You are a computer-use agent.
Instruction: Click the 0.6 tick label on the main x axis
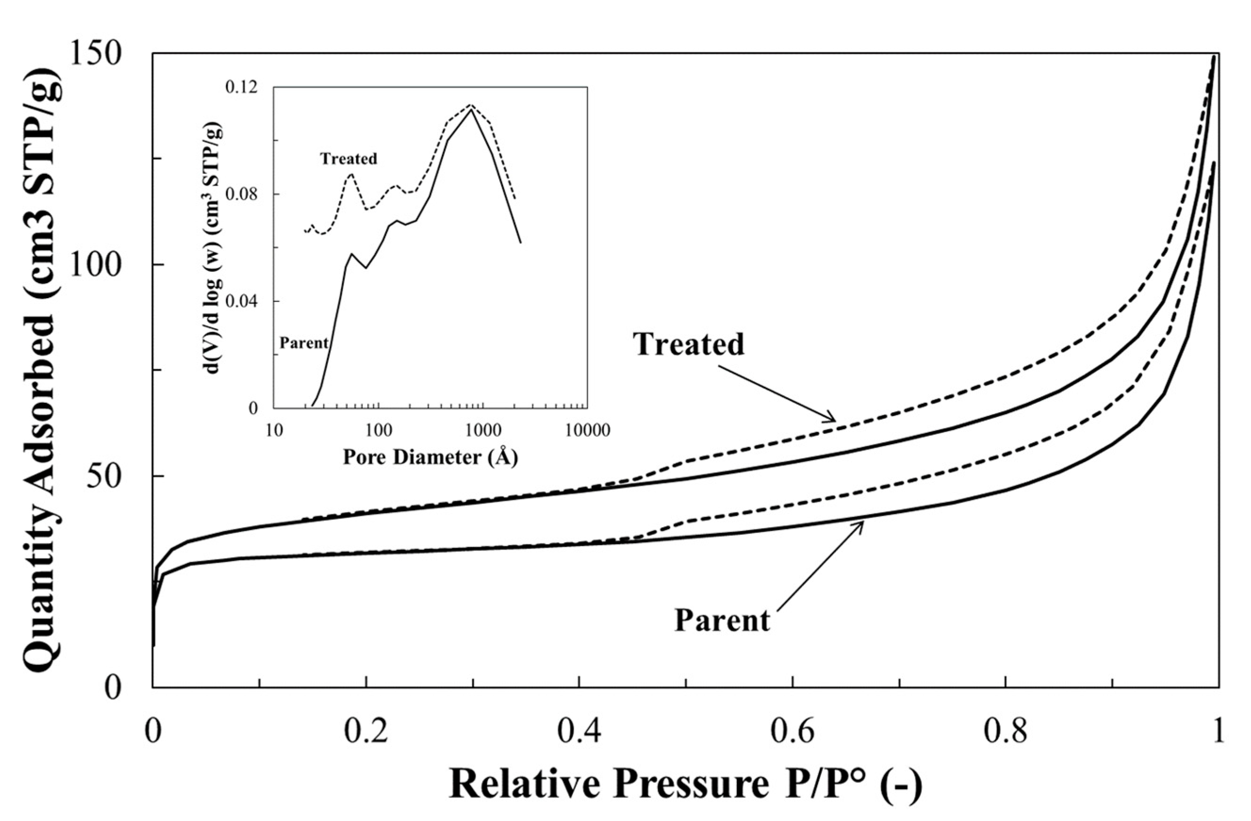point(792,733)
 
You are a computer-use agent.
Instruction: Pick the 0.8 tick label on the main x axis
point(1005,733)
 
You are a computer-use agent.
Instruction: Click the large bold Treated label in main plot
point(689,344)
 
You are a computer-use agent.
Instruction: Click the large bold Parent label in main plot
point(722,620)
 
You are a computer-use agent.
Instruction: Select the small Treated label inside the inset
point(349,158)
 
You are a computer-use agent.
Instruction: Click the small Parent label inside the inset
point(304,343)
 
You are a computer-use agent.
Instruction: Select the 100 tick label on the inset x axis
point(376,431)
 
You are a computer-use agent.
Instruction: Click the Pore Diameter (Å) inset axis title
point(430,457)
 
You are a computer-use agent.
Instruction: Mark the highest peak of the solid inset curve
point(471,109)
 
